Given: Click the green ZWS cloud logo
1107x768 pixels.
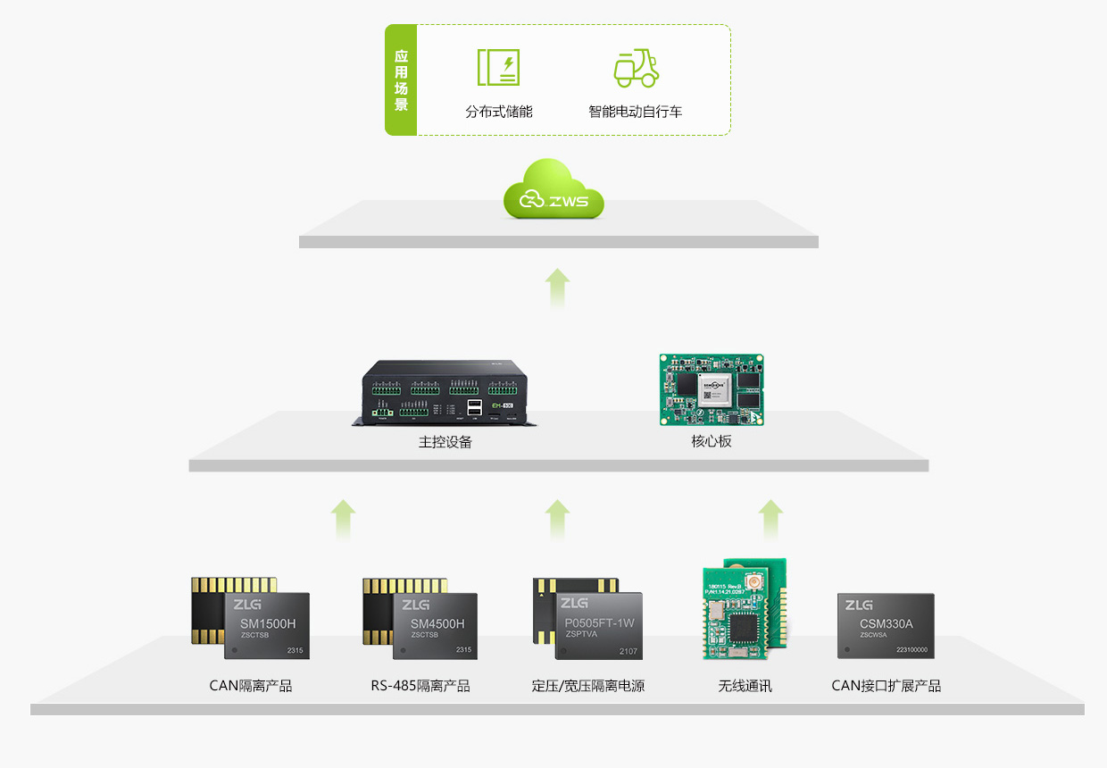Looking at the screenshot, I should pos(553,189).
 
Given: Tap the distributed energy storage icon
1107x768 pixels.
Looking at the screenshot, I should pos(498,68).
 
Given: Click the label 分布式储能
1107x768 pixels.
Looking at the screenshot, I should pos(498,112).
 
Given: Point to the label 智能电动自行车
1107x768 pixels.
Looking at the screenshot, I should pos(635,112).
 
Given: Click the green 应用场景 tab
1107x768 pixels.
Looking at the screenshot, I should pos(401,79).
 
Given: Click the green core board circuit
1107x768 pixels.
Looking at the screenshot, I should pos(712,389).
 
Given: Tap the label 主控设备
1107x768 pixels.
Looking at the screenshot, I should pos(445,442).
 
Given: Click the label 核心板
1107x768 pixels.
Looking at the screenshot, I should pos(712,441).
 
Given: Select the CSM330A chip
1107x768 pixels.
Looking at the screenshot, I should pos(886,625).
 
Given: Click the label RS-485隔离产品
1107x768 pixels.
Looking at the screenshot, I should pos(420,686).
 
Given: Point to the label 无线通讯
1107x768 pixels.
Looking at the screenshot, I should pos(745,686).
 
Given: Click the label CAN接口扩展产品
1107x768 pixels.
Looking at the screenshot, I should pos(886,686).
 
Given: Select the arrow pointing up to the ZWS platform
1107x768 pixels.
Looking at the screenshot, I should pos(557,288).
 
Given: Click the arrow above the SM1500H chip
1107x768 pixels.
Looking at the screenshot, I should pos(343,519).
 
